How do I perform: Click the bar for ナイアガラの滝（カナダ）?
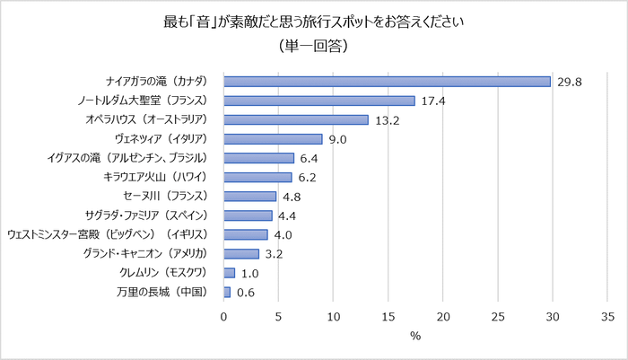pyautogui.click(x=387, y=81)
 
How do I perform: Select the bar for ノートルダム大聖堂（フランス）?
pyautogui.click(x=318, y=101)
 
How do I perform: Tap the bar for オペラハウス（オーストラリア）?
pyautogui.click(x=296, y=119)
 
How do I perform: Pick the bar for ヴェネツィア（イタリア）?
pyautogui.click(x=273, y=139)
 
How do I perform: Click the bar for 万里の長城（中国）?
pyautogui.click(x=227, y=292)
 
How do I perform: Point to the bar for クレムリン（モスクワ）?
pyautogui.click(x=229, y=273)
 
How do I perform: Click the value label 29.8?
pyautogui.click(x=570, y=82)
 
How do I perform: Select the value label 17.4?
pyautogui.click(x=433, y=101)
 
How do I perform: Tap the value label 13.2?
pyautogui.click(x=388, y=119)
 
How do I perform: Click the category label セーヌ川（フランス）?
pyautogui.click(x=168, y=197)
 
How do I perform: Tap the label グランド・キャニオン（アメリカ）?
pyautogui.click(x=148, y=254)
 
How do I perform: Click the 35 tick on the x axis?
pyautogui.click(x=607, y=316)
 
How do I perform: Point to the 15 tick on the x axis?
pyautogui.click(x=388, y=316)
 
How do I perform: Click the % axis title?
pyautogui.click(x=415, y=337)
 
